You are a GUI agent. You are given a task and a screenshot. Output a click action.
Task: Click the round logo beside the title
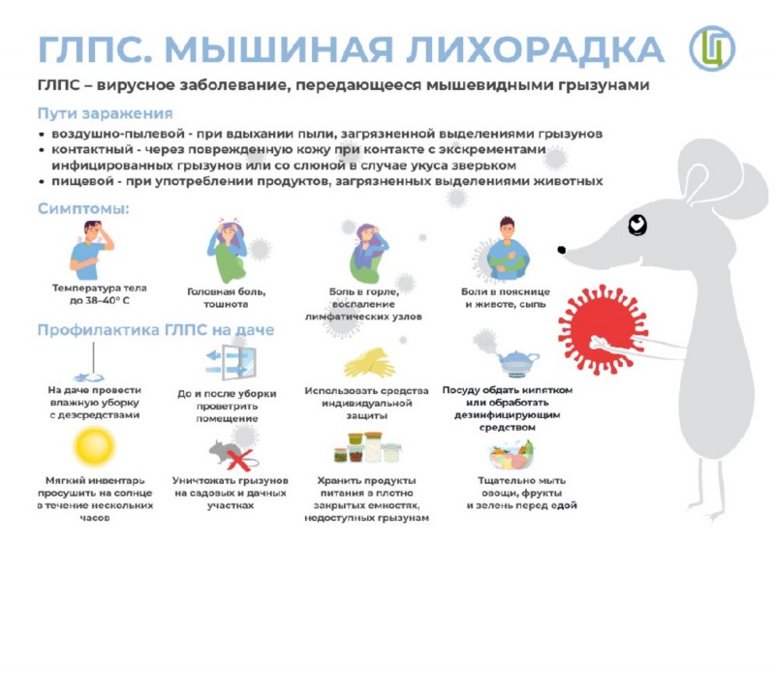coord(712,48)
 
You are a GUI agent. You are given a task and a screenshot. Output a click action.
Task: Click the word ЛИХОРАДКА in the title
coord(535,49)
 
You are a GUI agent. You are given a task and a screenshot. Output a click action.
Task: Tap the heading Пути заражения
coord(106,113)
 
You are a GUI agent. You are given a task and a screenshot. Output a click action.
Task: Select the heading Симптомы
coord(83,208)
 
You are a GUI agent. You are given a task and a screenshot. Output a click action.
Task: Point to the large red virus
coord(603,330)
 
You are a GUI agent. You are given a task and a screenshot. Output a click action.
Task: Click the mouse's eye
coord(637,225)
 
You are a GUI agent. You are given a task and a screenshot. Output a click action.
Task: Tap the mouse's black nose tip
coord(562,250)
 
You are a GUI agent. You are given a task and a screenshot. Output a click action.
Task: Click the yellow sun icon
coord(94,446)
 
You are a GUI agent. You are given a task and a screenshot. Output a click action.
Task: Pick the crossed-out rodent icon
coord(232,454)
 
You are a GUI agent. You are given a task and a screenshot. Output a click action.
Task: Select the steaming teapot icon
coord(517,363)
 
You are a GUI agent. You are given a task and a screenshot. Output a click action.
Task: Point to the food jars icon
coord(368,447)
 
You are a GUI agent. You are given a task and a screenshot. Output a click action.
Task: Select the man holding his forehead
coord(91,250)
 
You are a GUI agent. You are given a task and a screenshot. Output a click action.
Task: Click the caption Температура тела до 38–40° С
coord(100,294)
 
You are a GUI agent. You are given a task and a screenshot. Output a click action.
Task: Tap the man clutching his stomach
coord(508,249)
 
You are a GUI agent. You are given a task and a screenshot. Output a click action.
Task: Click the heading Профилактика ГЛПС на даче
coord(156,329)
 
